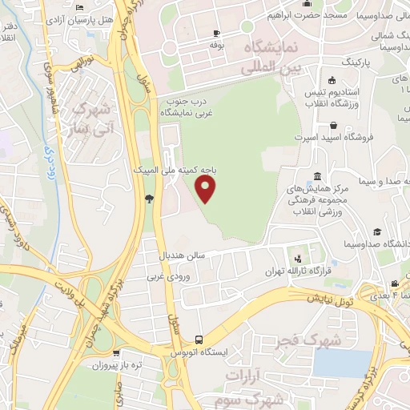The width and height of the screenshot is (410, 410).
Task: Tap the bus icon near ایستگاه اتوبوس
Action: tap(199, 339)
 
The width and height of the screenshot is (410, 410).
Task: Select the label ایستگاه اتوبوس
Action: tap(202, 352)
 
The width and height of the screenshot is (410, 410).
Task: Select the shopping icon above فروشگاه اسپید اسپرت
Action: tap(333, 125)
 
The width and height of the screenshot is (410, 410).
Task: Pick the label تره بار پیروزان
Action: tap(115, 364)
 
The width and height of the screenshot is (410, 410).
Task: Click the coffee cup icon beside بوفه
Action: tap(215, 33)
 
